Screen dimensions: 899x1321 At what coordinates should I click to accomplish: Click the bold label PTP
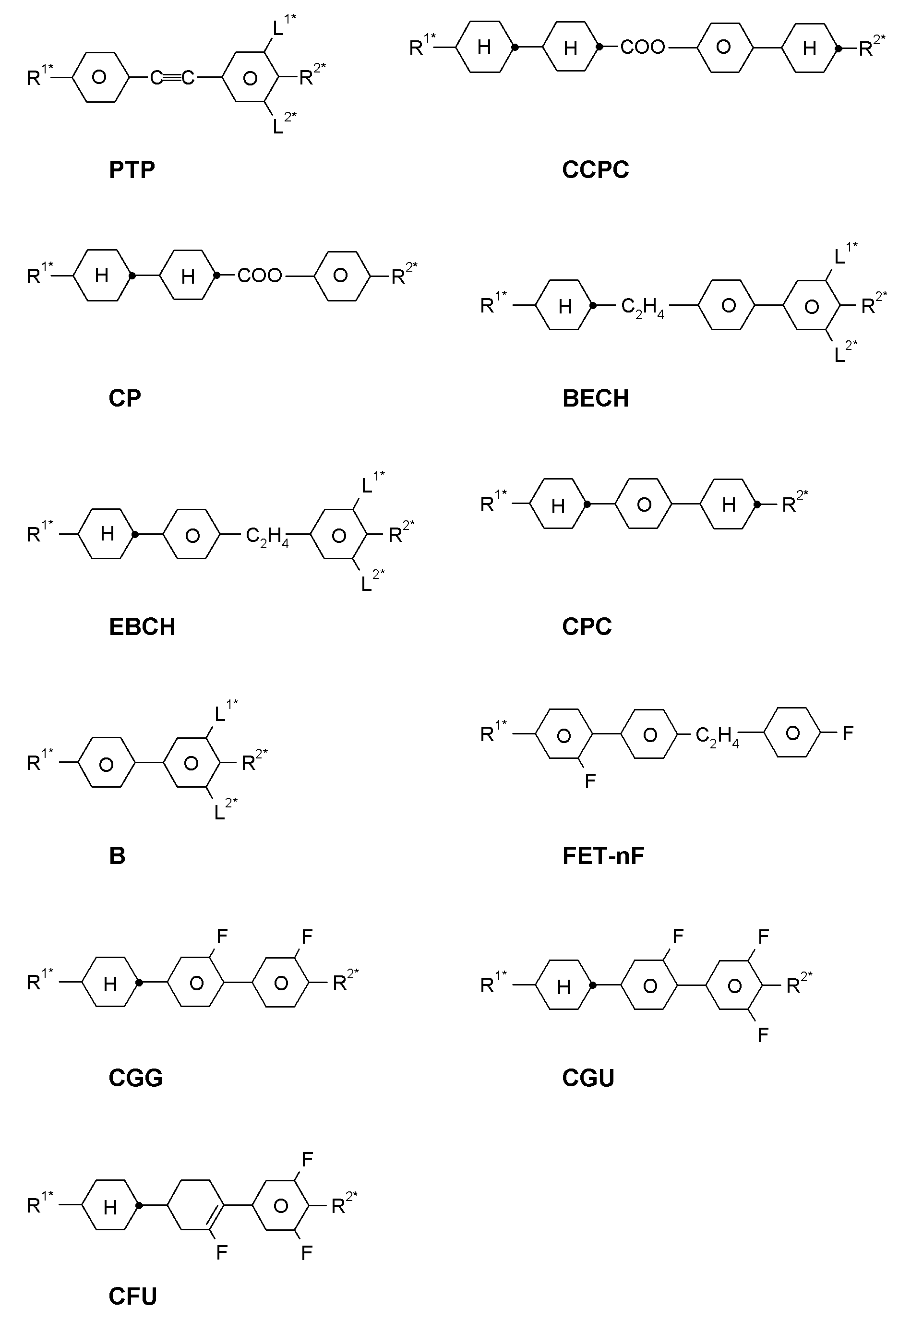(132, 169)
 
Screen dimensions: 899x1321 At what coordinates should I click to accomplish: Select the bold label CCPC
(596, 169)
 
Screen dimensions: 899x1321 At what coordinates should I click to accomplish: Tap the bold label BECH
(596, 398)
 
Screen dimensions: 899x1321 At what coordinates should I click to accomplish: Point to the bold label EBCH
(142, 627)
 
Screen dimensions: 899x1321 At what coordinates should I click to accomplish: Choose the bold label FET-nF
(603, 856)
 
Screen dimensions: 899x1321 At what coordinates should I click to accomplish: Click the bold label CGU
(588, 1078)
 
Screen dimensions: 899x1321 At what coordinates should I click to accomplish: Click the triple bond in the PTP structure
(172, 77)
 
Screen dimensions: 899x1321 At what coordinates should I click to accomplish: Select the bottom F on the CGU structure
(763, 1034)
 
